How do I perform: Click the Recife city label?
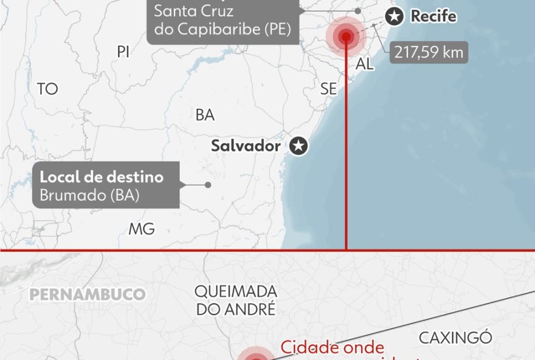(433, 16)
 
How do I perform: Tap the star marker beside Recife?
(395, 17)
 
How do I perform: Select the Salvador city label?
(246, 146)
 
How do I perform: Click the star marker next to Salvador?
(298, 146)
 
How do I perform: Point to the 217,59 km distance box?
(429, 52)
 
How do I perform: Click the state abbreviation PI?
(123, 52)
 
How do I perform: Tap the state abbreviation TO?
(47, 89)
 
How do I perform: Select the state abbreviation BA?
(205, 115)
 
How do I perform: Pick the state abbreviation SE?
(328, 89)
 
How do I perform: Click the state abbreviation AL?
(365, 64)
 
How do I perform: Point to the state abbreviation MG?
(141, 229)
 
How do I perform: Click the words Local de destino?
(102, 178)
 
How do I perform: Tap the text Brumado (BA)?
(89, 195)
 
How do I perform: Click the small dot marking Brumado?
(208, 185)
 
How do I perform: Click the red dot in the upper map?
(346, 36)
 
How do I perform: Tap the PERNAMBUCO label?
(88, 295)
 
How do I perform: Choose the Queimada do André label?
(236, 300)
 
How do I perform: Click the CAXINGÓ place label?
(455, 338)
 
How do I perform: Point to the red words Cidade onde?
(332, 348)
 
